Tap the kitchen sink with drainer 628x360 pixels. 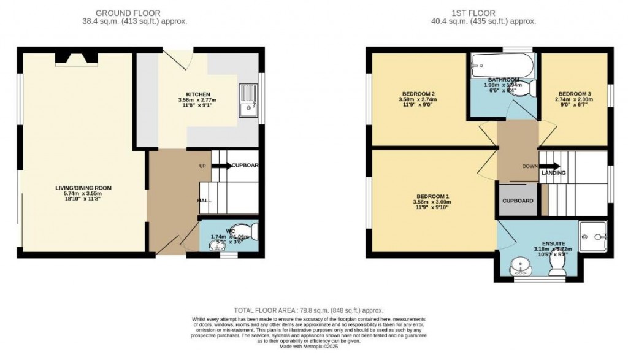click(x=248, y=101)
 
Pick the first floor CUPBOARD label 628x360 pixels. click(x=518, y=201)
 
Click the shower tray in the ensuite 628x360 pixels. click(x=593, y=233)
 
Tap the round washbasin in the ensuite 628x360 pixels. click(x=521, y=266)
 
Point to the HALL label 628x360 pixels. click(x=205, y=201)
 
